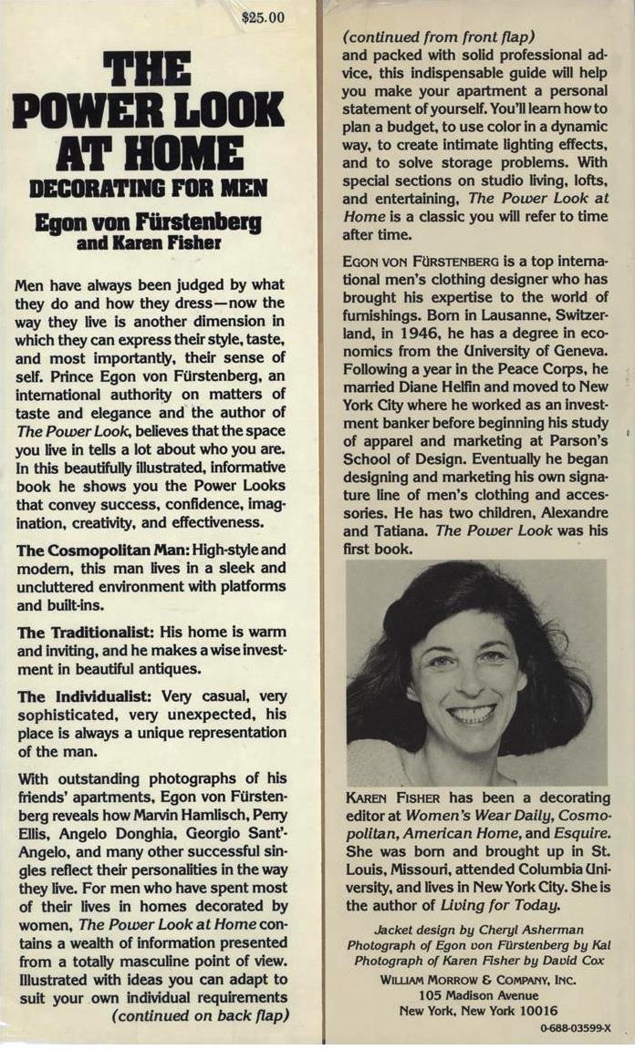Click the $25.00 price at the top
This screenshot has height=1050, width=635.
265,17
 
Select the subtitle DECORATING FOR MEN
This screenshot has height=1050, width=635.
147,189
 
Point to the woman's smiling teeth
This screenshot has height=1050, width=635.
472,713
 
